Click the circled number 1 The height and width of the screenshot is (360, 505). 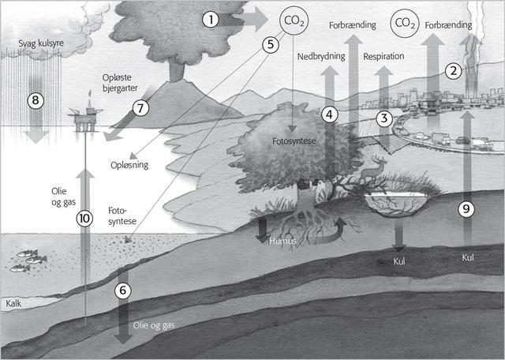coord(210,18)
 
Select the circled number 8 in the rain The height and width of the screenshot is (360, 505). coord(36,100)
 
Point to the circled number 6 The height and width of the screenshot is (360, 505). coord(122,290)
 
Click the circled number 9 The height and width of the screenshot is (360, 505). coord(466,209)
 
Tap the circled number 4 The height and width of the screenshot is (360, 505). coord(330,114)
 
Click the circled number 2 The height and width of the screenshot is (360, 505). coord(453,69)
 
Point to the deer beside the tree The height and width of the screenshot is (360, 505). coord(378,169)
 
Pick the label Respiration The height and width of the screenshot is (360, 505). coord(384,58)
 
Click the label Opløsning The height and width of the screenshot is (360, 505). coord(129,167)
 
